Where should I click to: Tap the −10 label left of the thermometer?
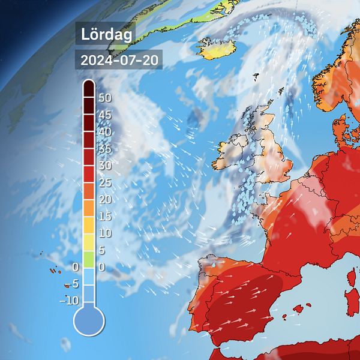[x=69, y=300]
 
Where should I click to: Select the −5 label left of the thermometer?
[x=72, y=283]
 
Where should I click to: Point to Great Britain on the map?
[x=273, y=156]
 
